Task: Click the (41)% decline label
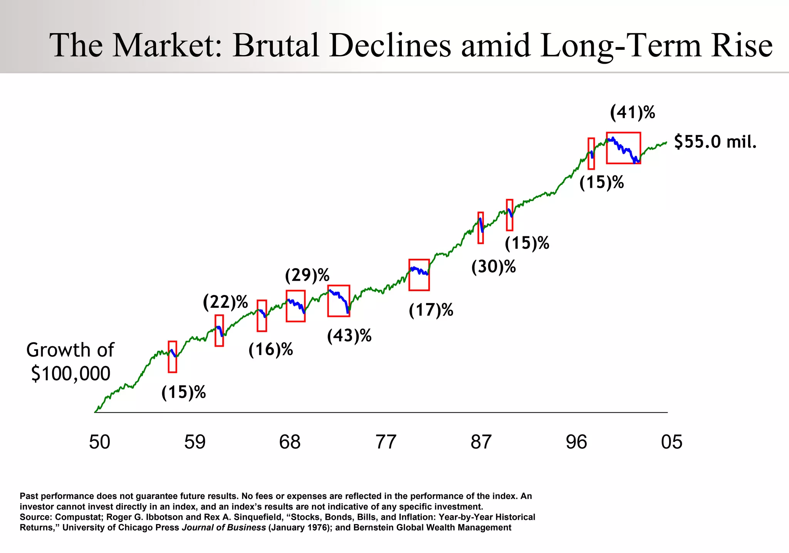coord(633,113)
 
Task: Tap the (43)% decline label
coord(349,336)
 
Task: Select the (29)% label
coord(307,275)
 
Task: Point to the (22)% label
coord(225,302)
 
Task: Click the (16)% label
coord(270,350)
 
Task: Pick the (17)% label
coord(431,310)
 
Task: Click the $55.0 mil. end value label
coord(715,142)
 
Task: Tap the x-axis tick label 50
coord(99,442)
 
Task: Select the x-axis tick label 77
coord(386,442)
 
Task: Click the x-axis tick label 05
coord(671,442)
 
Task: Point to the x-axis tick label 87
coord(481,442)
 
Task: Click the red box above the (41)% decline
coord(623,148)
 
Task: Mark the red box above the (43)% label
coord(339,301)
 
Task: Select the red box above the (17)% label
coord(419,275)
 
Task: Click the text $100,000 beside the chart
coord(71,374)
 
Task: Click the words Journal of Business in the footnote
coord(223,528)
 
